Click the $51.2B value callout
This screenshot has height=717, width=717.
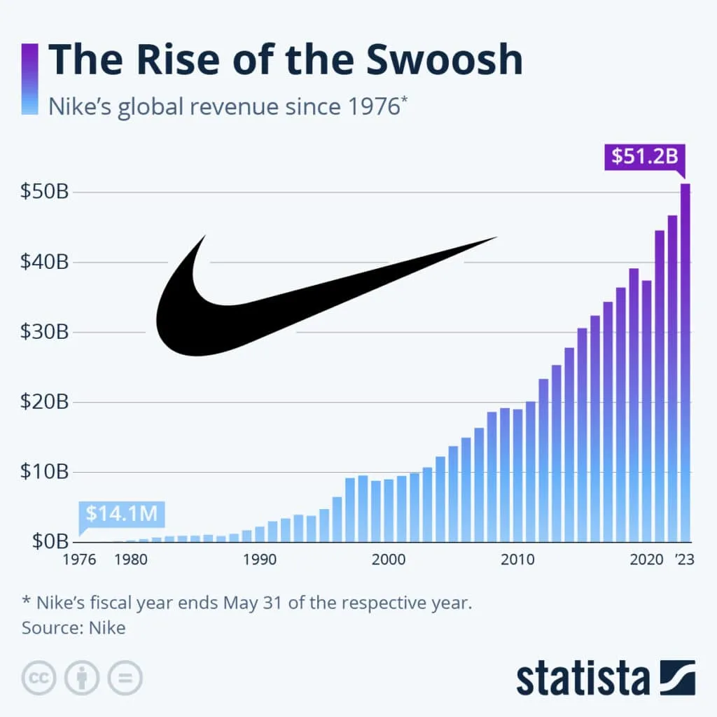click(x=644, y=156)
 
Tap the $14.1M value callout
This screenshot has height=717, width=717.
click(x=120, y=513)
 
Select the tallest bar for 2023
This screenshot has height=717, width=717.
click(x=685, y=364)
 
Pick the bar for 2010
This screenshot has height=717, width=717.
click(x=517, y=476)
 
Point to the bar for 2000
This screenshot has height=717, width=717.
click(x=389, y=510)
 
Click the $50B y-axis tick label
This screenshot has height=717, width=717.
click(x=44, y=193)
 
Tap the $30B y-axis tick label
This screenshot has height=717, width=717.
click(x=44, y=332)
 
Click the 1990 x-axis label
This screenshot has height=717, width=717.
click(x=259, y=560)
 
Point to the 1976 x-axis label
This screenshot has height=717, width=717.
click(x=80, y=560)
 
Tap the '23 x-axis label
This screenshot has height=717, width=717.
click(x=683, y=560)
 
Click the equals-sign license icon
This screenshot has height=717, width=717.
click(x=125, y=677)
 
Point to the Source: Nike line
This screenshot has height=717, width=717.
click(x=74, y=627)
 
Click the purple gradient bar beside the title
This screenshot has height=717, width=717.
click(x=30, y=79)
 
